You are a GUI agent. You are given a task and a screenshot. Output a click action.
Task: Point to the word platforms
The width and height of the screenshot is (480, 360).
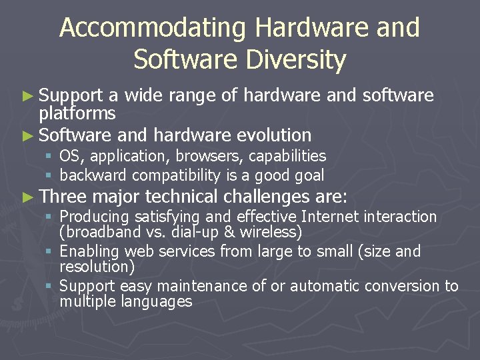click(x=77, y=113)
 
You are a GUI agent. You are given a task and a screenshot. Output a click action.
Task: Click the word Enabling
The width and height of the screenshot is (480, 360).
click(x=89, y=252)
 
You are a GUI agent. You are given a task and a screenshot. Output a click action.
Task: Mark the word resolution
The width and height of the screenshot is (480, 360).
click(x=97, y=267)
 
